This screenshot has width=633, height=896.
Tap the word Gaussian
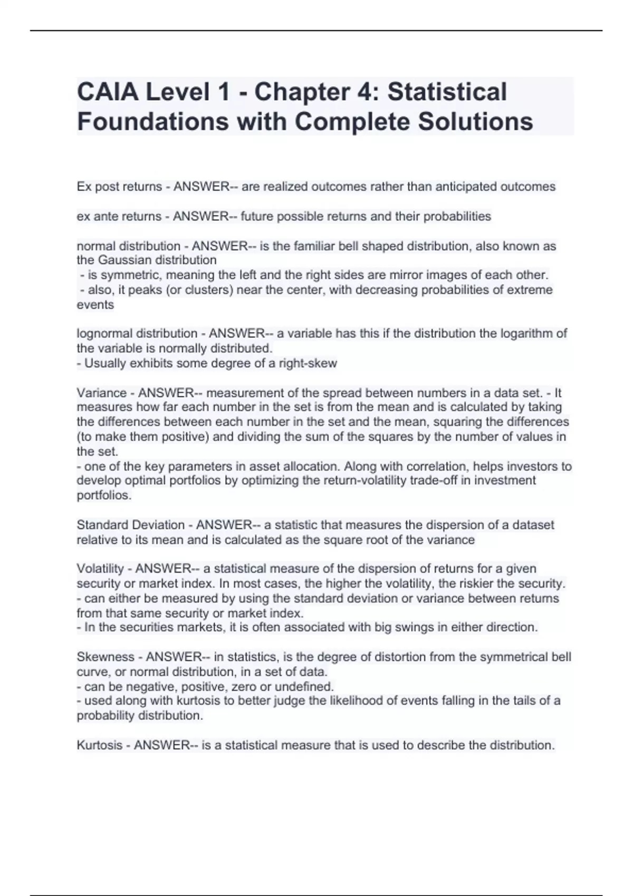click(125, 260)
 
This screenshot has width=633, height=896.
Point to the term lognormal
click(104, 334)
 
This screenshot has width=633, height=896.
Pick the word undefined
click(306, 687)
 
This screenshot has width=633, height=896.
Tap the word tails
click(504, 701)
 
